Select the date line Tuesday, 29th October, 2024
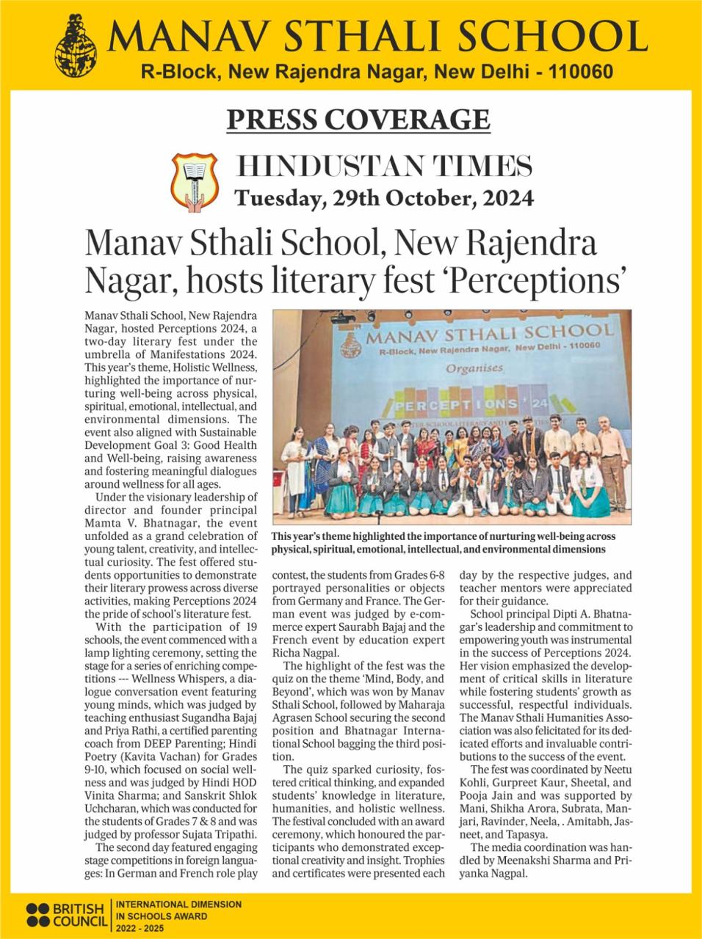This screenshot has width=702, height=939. pos(383,198)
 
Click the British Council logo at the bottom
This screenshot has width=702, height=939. pos(67,914)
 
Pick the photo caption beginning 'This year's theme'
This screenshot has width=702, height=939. pos(438,542)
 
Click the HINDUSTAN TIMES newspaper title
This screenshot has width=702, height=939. pos(386,167)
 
